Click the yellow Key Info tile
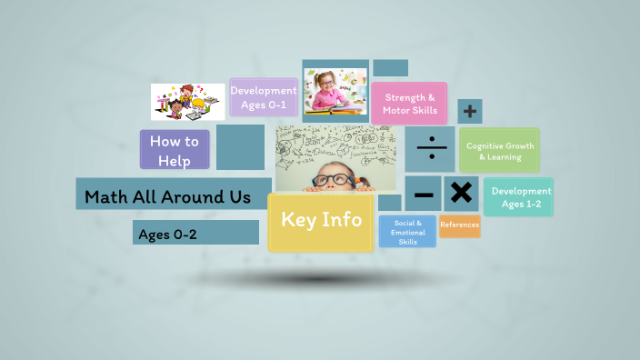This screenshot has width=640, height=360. click(321, 221)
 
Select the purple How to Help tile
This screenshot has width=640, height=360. click(175, 150)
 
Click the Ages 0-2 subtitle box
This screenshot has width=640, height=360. click(195, 234)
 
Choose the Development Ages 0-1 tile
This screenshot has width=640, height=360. click(264, 97)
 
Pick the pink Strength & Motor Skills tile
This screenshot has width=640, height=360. click(409, 104)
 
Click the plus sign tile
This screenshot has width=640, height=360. click(470, 112)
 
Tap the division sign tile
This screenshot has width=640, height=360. click(431, 149)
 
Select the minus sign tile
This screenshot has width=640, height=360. click(424, 194)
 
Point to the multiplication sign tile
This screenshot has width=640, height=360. click(462, 193)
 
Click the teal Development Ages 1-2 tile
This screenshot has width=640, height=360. click(520, 197)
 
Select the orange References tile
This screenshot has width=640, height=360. click(460, 225)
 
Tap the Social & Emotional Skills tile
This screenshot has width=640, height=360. click(408, 232)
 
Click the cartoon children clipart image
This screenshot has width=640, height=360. click(188, 103)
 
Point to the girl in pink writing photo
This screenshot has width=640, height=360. click(335, 90)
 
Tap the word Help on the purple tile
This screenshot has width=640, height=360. click(174, 161)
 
